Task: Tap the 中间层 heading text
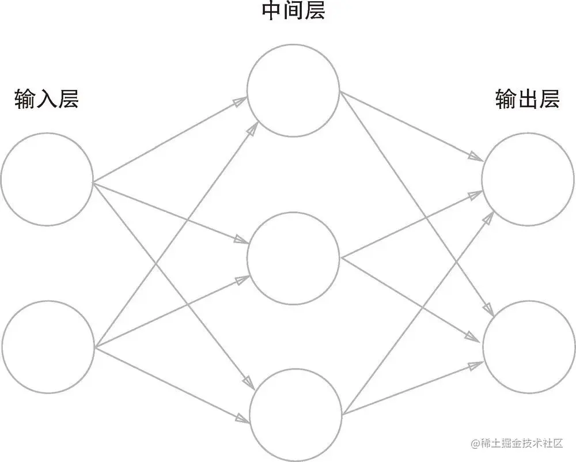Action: tap(293, 12)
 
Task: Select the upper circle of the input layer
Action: tap(47, 178)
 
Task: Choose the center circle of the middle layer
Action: tap(293, 257)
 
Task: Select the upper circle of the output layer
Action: tap(528, 179)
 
